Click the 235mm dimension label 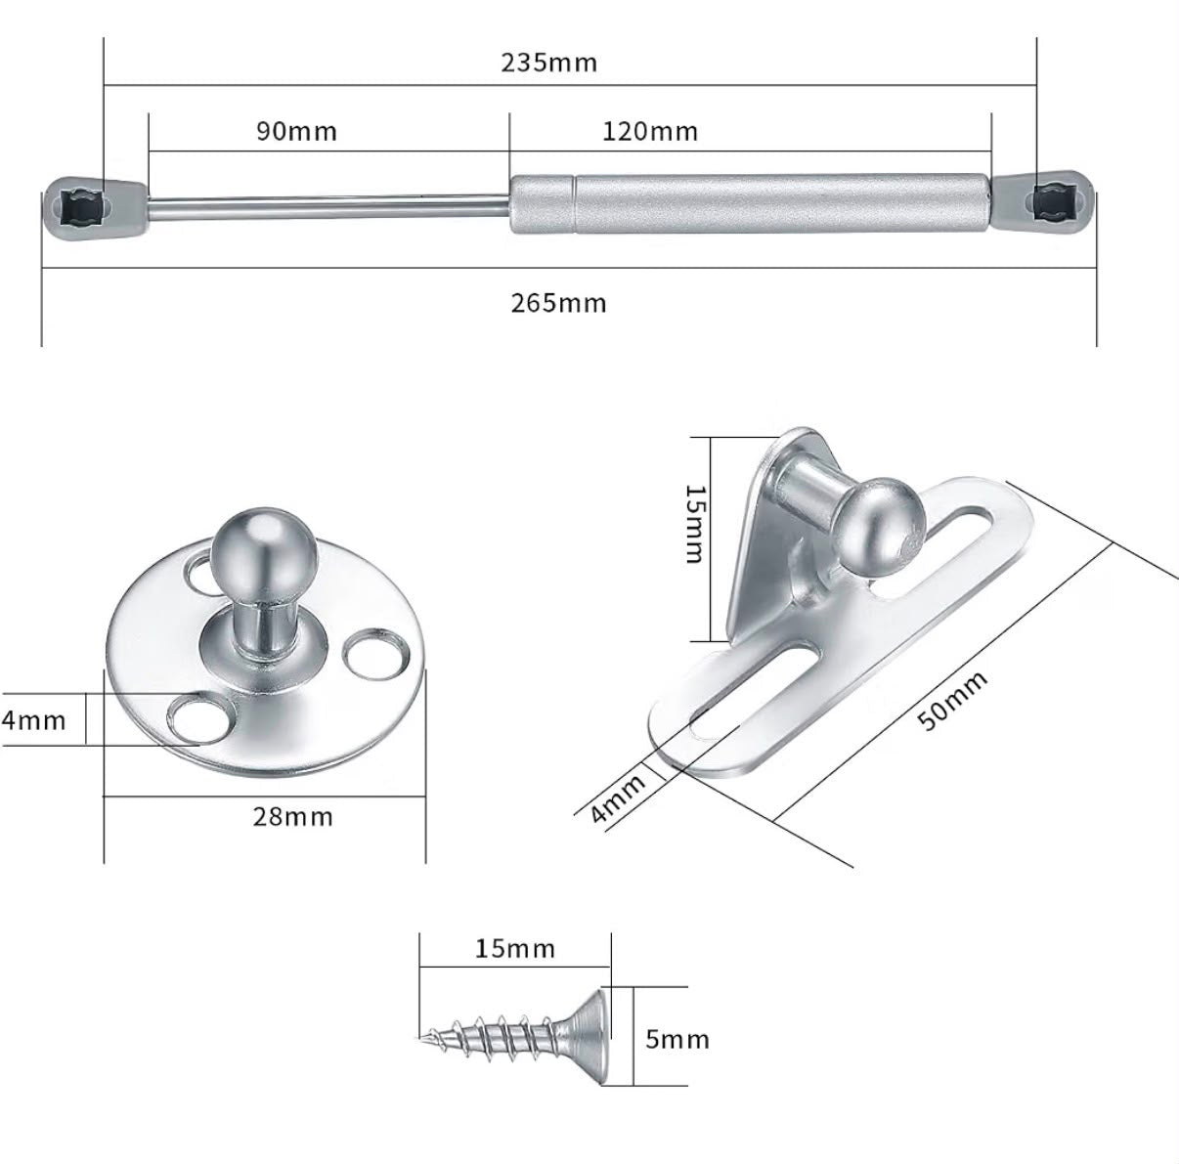548,63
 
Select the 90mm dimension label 296,132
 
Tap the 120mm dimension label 650,132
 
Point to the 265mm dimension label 558,303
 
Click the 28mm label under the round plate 293,817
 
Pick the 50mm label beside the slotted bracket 952,701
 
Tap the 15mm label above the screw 515,949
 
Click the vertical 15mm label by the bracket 696,524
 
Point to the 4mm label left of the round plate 33,720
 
